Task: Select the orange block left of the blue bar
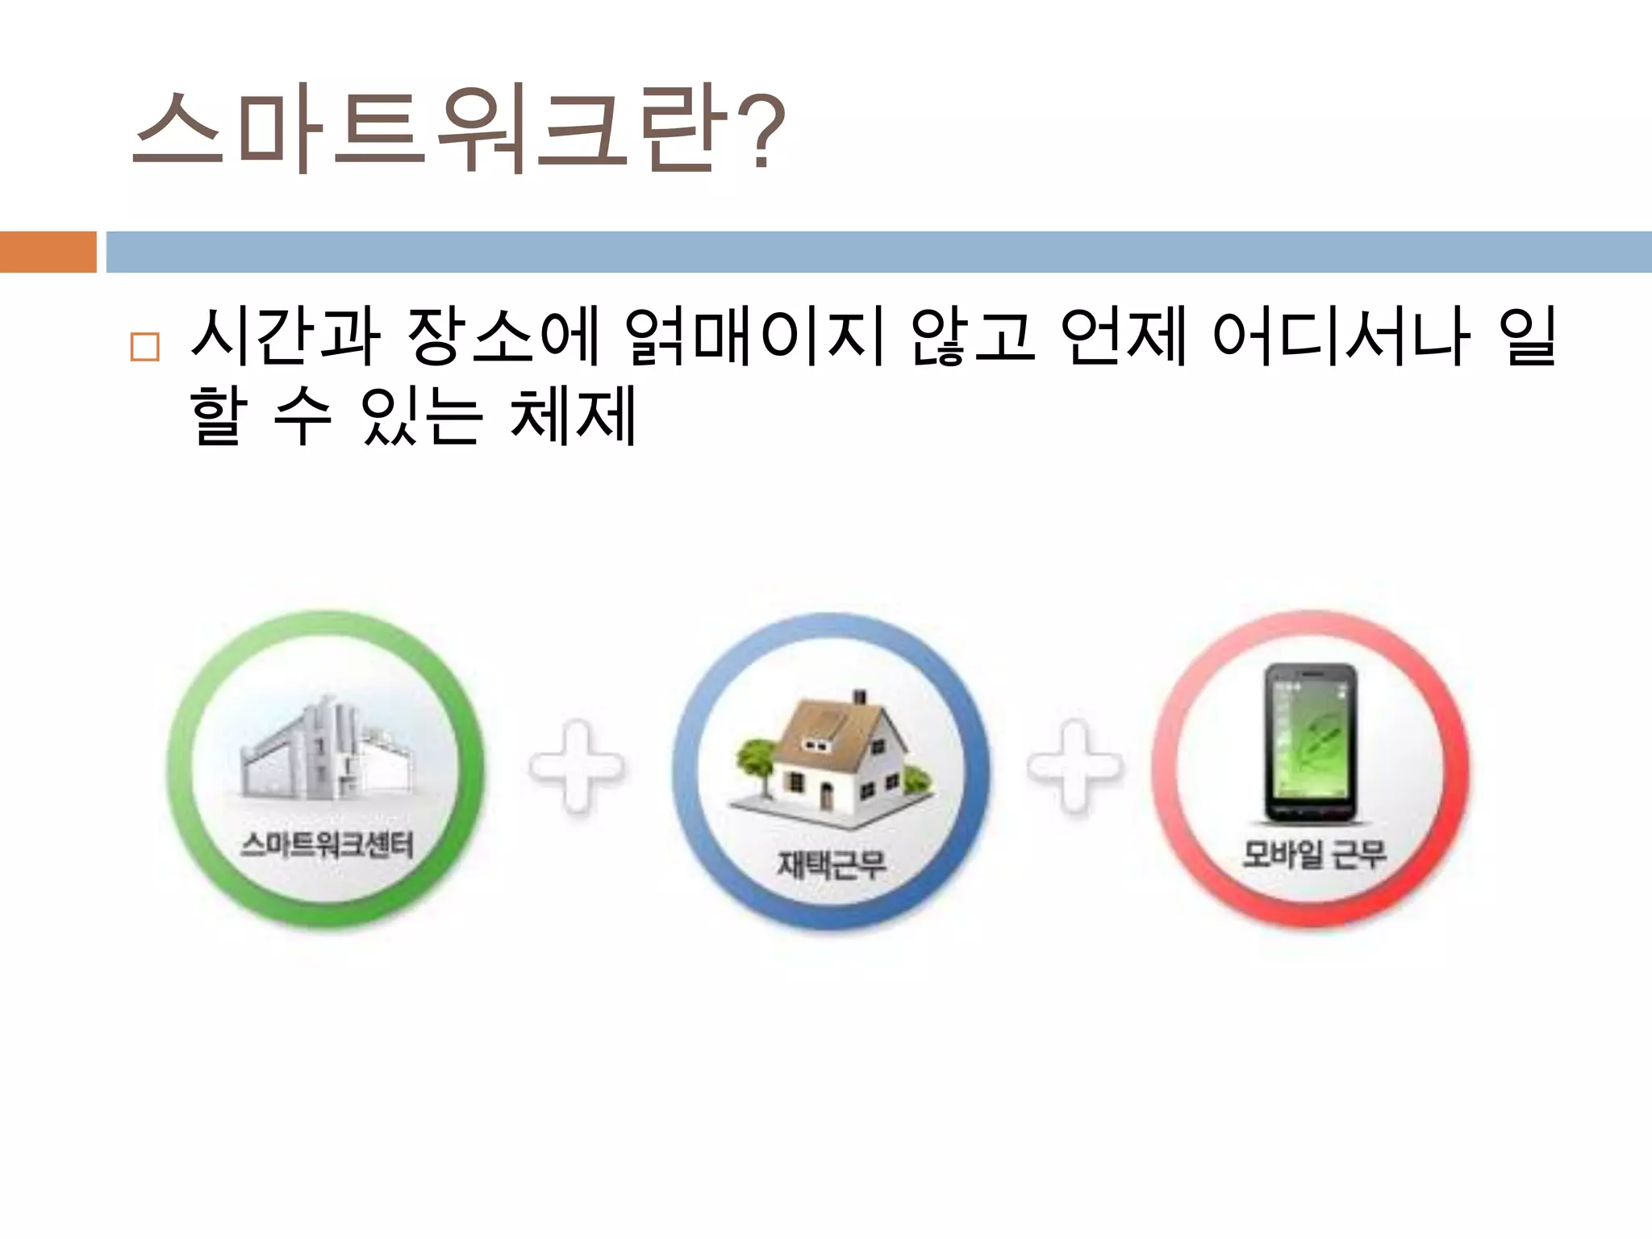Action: (x=48, y=252)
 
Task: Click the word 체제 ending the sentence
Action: (x=574, y=415)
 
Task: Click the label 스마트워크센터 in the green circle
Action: (x=327, y=845)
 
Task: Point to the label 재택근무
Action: (x=831, y=864)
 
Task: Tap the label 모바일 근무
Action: (x=1314, y=853)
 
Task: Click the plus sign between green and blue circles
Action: (x=577, y=766)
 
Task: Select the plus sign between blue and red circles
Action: (x=1074, y=766)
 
